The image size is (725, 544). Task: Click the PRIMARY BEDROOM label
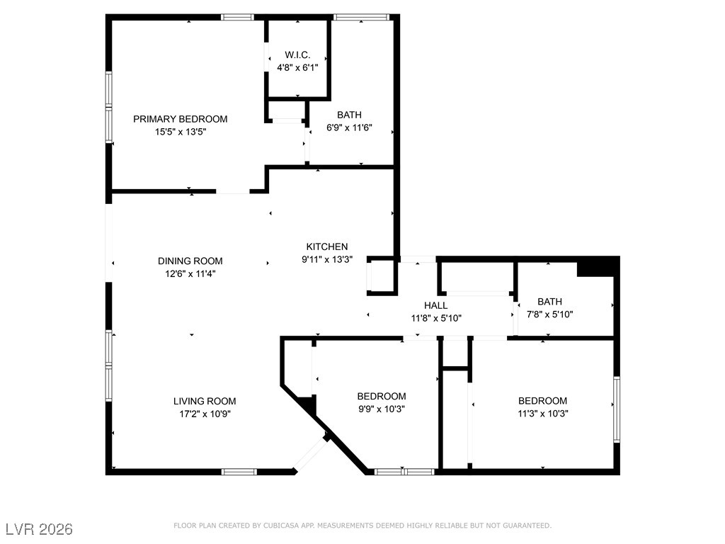181,119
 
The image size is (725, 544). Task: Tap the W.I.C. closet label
297,55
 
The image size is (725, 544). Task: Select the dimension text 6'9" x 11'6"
349,127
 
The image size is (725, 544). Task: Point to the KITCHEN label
326,246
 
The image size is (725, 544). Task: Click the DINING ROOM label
190,261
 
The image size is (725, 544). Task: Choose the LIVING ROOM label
205,401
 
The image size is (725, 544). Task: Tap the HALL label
435,305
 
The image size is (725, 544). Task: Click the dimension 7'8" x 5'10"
549,314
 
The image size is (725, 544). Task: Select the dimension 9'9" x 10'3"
382,409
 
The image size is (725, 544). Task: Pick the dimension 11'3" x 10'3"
543,413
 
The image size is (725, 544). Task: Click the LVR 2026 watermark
39,529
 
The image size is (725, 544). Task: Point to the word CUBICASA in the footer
279,526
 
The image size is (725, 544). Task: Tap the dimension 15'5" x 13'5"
181,132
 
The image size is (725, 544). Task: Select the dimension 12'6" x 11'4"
187,273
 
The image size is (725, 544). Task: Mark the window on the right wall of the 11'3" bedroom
617,409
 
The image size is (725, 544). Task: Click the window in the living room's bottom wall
239,471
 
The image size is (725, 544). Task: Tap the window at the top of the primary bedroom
237,17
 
